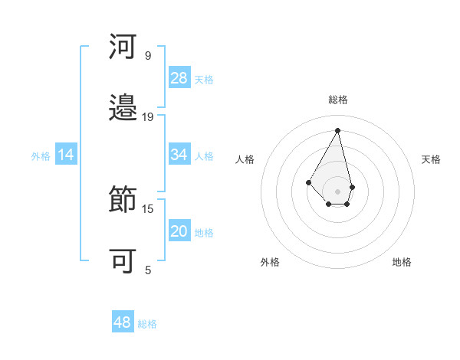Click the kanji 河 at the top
[123, 47]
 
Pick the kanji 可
[123, 261]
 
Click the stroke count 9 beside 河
[148, 56]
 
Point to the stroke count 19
[148, 117]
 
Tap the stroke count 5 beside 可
[148, 270]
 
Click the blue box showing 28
[179, 78]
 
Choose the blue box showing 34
[179, 155]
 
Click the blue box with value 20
[179, 231]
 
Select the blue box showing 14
[66, 155]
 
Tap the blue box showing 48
[123, 322]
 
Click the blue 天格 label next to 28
[204, 79]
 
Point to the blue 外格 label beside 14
[41, 155]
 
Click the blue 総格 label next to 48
[147, 323]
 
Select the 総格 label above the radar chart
[337, 100]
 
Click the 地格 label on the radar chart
[402, 262]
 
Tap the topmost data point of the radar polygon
[337, 130]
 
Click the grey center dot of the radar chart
[337, 191]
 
